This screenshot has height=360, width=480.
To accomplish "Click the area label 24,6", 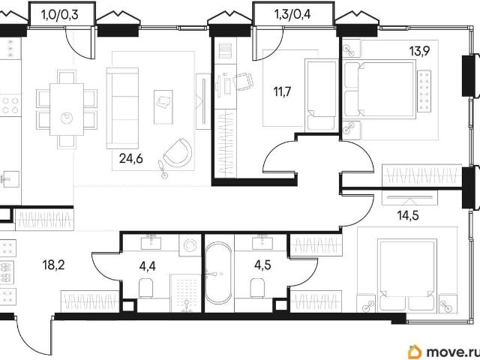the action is tap(131, 159).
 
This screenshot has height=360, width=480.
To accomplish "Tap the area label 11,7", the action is tap(282, 91).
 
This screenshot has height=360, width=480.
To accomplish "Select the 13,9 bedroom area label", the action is tap(420, 51).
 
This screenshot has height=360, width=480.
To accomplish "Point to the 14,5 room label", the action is tap(408, 215).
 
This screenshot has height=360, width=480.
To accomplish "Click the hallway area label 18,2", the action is tap(53, 265).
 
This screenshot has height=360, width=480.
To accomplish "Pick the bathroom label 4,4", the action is tap(147, 266).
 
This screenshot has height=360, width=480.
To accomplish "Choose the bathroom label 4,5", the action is tap(262, 265).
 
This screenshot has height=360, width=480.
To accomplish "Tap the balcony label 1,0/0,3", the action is tap(59, 14).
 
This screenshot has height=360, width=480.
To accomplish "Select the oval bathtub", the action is tap(218, 273).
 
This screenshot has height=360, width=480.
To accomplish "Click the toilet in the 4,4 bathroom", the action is tap(146, 288).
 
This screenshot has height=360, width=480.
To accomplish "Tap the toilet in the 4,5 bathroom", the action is tap(257, 288).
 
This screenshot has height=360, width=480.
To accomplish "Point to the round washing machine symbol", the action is tap(190, 245).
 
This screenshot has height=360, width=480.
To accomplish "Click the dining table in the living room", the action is tap(67, 109).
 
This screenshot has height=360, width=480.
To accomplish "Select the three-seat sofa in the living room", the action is tap(122, 108).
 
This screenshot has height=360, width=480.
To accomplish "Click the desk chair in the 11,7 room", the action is tap(244, 81).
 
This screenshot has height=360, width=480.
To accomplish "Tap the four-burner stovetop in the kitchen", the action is tap(10, 105).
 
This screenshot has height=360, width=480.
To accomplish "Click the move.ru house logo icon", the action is tap(415, 352).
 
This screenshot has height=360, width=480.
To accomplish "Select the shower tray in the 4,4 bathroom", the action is tap(186, 293).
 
